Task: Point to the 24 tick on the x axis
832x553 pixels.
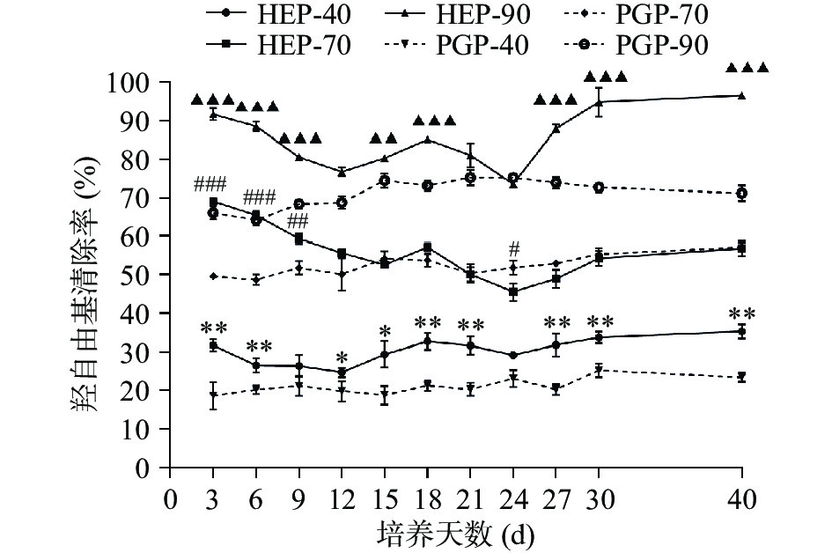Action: pyautogui.click(x=512, y=498)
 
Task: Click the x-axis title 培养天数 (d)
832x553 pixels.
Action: pyautogui.click(x=456, y=534)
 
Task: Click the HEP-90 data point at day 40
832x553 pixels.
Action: pyautogui.click(x=741, y=95)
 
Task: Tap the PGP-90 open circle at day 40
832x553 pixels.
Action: pyautogui.click(x=741, y=193)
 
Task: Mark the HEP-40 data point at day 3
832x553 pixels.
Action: pyautogui.click(x=213, y=345)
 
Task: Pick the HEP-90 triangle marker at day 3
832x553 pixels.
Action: pyautogui.click(x=213, y=114)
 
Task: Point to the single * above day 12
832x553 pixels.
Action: pyautogui.click(x=341, y=357)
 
